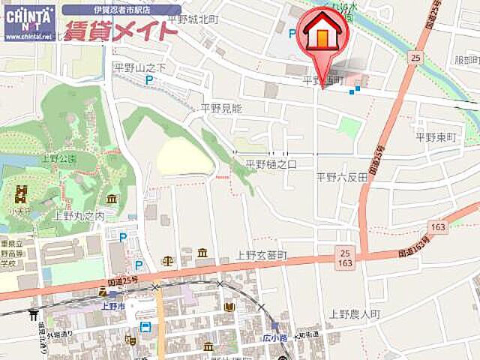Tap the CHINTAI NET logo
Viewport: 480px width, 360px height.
29,22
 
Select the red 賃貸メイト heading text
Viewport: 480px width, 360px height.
121,32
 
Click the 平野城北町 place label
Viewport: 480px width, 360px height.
193,19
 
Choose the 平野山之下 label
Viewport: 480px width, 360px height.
139,67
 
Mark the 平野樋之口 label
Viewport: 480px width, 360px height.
271,163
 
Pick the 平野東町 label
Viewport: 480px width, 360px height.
436,137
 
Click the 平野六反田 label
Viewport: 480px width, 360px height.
341,177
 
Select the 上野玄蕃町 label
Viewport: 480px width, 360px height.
262,256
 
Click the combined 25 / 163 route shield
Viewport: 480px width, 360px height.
345,259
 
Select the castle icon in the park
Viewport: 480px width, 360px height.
20,196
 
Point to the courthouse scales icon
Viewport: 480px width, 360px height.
166,262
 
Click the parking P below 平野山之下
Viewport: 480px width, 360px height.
149,81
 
